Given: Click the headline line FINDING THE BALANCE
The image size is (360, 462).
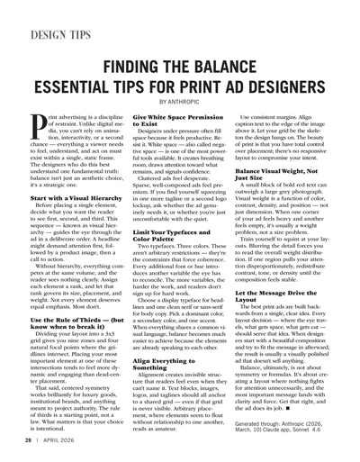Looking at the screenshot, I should coord(179,68).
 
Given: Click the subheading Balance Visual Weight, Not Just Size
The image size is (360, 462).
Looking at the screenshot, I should coord(282,175).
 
